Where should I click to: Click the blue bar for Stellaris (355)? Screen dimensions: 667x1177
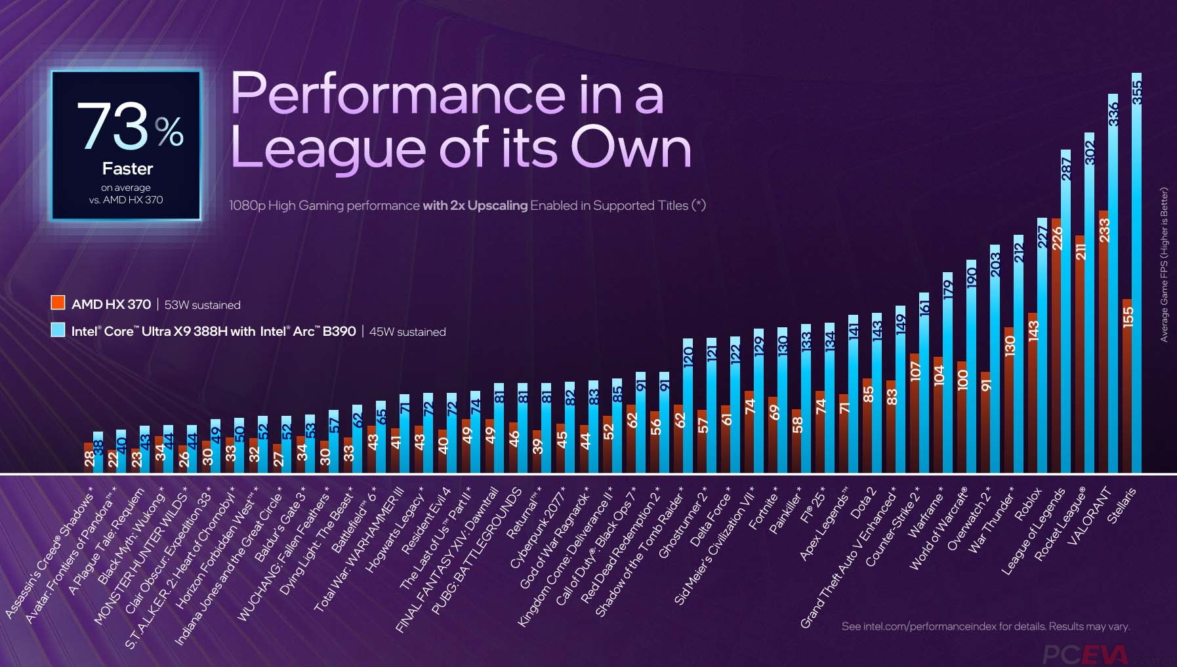[1136, 275]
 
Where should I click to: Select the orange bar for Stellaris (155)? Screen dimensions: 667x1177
[1127, 387]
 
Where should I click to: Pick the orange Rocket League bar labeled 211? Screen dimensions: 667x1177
[1080, 354]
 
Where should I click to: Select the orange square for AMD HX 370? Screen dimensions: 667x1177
[58, 303]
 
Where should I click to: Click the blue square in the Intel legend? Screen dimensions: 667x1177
[58, 330]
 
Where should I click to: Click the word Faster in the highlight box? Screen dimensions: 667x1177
[127, 169]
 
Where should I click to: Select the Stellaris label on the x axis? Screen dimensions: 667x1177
[1121, 505]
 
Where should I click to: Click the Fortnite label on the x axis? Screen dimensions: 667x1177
[763, 509]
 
